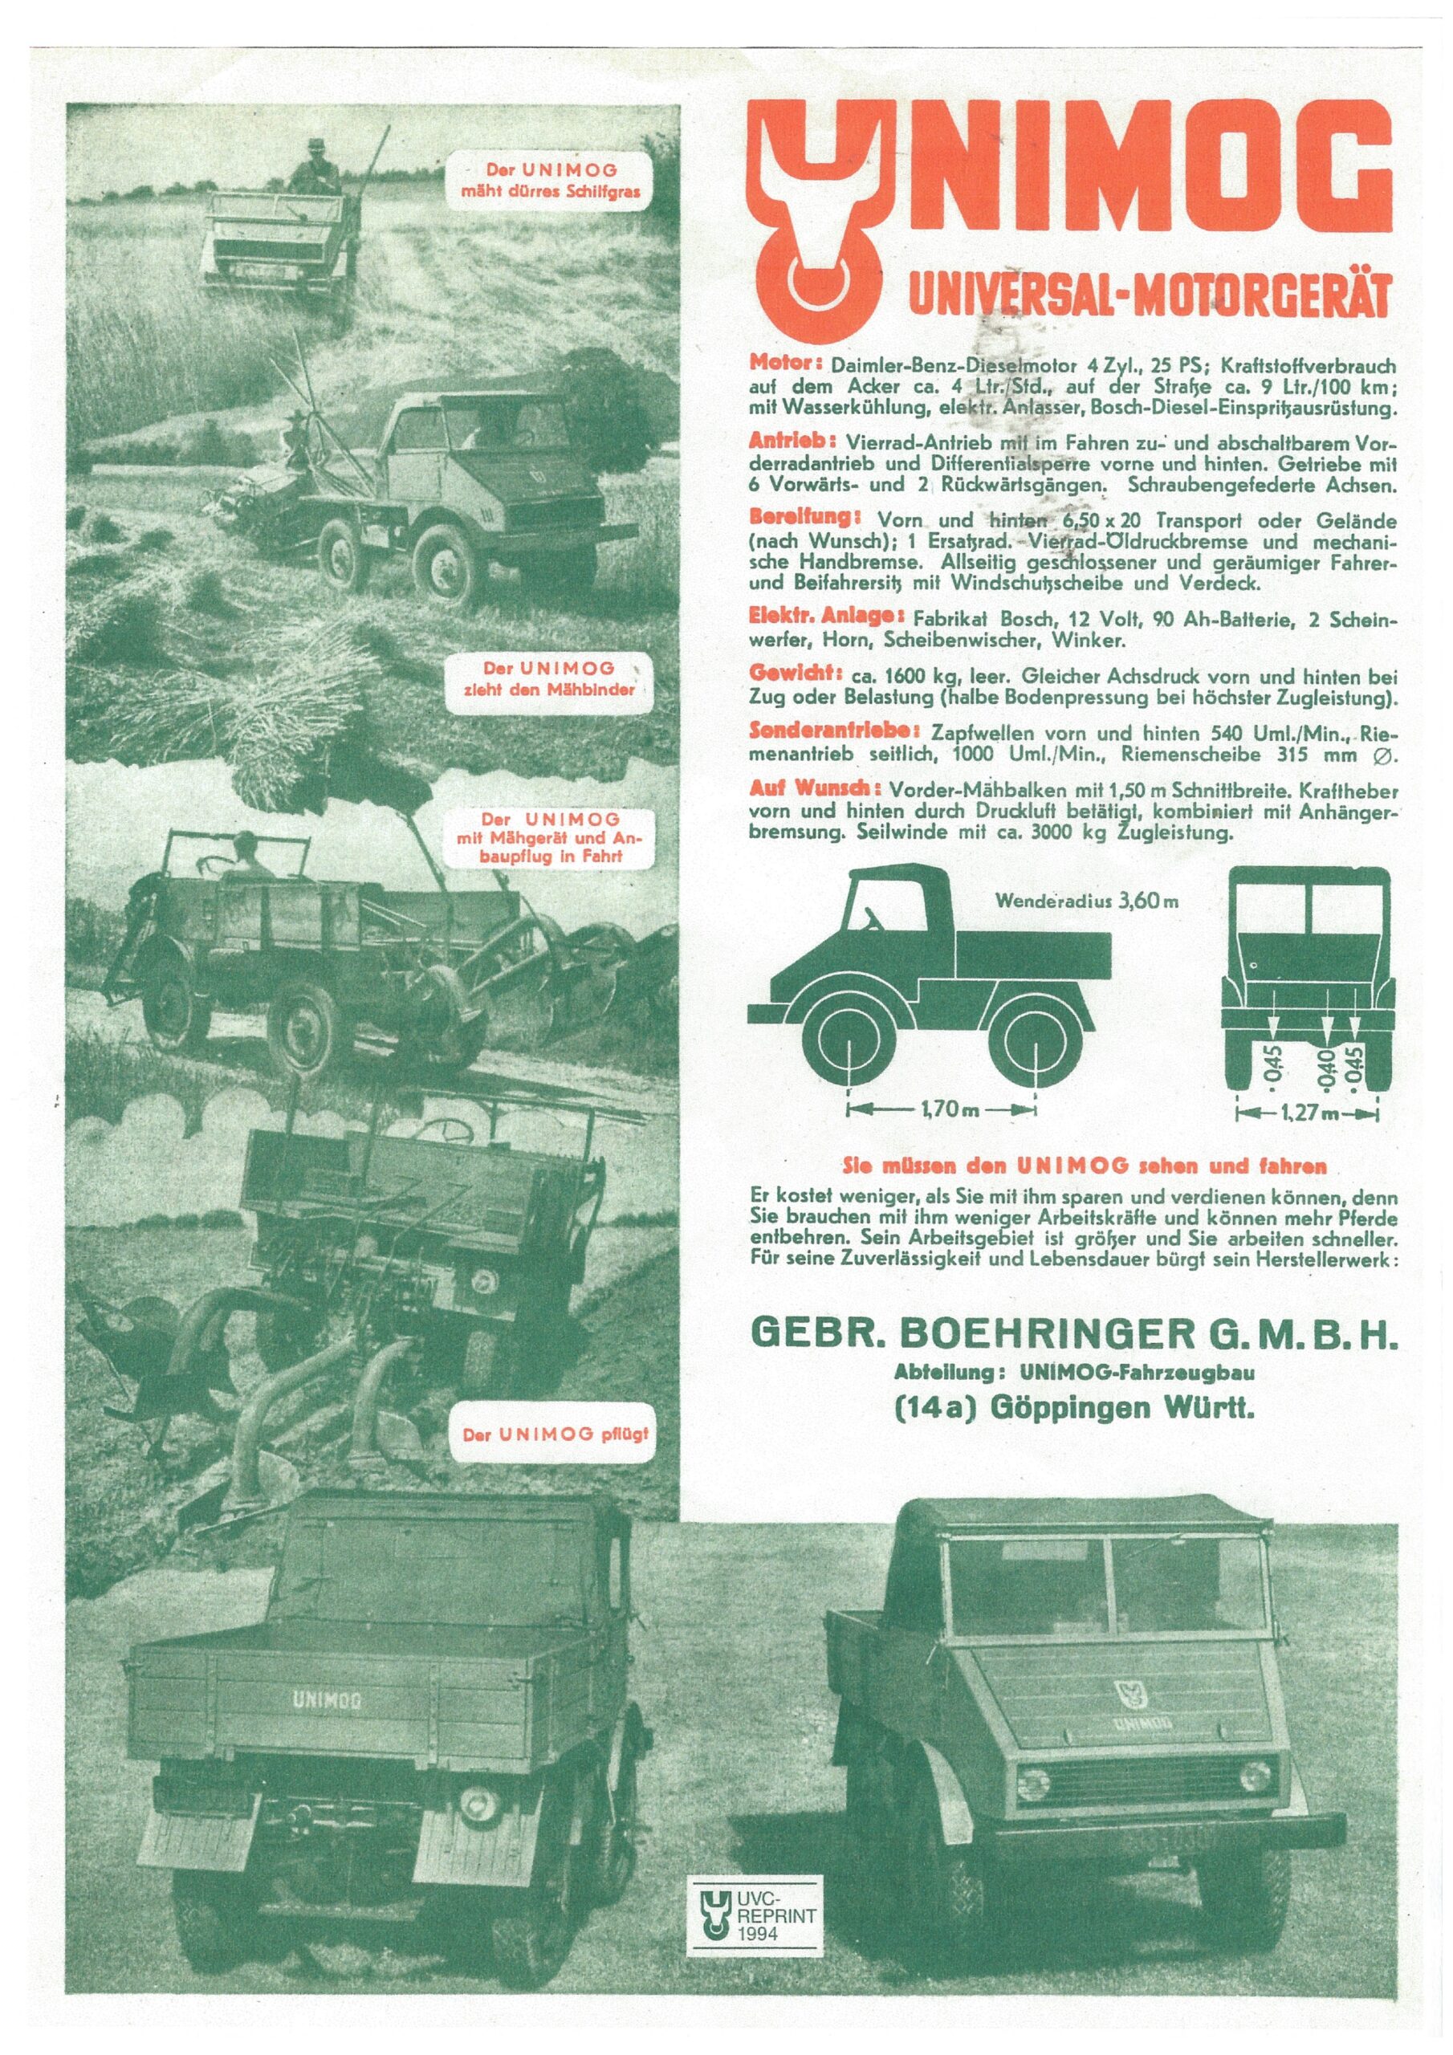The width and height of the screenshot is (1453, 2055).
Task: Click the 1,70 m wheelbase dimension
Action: [x=941, y=1110]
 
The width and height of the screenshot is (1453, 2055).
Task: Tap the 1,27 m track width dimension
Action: [x=1307, y=1113]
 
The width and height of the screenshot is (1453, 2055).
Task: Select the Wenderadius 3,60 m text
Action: [x=1085, y=901]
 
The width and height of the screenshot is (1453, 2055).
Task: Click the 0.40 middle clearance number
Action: [x=1329, y=1066]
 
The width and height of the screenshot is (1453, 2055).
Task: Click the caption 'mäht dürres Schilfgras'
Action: [x=550, y=180]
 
